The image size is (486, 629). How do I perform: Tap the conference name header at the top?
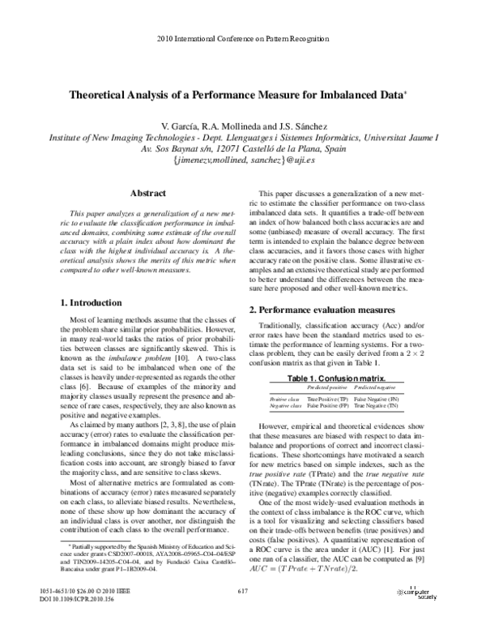point(243,38)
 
